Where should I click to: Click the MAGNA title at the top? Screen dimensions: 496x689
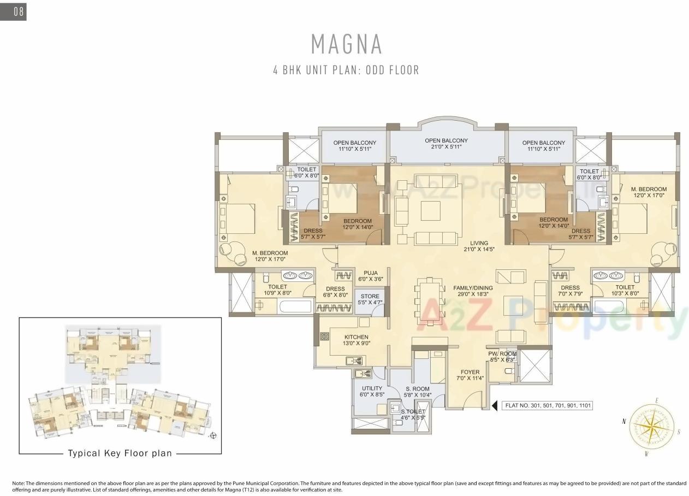coord(346,44)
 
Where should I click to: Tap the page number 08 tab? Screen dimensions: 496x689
coord(14,11)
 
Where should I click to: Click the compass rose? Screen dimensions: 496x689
coord(651,427)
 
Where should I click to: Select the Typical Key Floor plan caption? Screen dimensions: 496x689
coord(120,453)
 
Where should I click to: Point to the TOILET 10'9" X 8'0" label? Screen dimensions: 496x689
coord(277,290)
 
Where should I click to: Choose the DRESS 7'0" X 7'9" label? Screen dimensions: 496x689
coord(570,291)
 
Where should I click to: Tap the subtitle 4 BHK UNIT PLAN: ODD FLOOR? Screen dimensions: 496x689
coord(346,70)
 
